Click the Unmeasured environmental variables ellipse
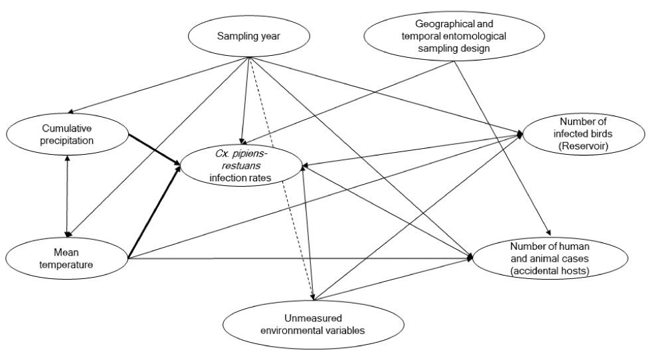[295, 323]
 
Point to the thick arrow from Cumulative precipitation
[153, 149]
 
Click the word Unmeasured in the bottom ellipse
[295, 317]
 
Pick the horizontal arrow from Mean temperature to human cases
[299, 258]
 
